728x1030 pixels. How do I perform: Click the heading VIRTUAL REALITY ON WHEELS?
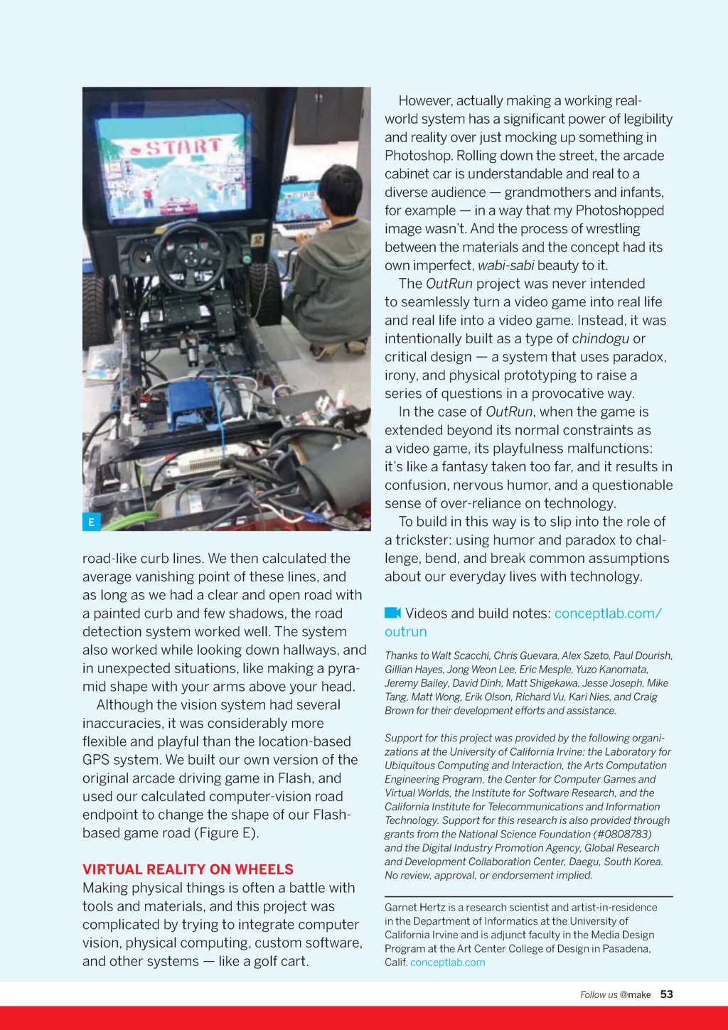click(x=188, y=869)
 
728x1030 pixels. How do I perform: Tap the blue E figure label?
click(x=91, y=522)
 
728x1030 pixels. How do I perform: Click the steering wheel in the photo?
click(x=190, y=255)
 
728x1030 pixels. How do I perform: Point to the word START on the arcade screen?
click(x=183, y=147)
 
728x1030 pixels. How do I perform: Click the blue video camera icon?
click(x=392, y=613)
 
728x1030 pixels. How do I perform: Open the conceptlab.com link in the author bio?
click(x=447, y=962)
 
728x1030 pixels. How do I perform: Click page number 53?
click(x=666, y=994)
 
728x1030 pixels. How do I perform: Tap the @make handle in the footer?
click(x=635, y=995)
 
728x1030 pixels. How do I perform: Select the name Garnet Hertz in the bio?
click(x=414, y=907)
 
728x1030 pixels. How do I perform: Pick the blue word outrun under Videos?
click(x=406, y=631)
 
